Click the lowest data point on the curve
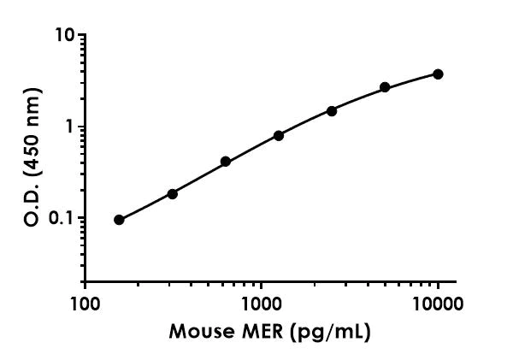[x=119, y=220]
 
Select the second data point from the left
[x=172, y=194]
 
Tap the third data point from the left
[x=226, y=162]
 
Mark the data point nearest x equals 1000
[x=279, y=136]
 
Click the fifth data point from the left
[x=332, y=111]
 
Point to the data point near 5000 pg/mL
[x=385, y=87]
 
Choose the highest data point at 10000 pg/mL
[x=438, y=74]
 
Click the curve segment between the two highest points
[x=412, y=80]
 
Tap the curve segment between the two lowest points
[x=145, y=208]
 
